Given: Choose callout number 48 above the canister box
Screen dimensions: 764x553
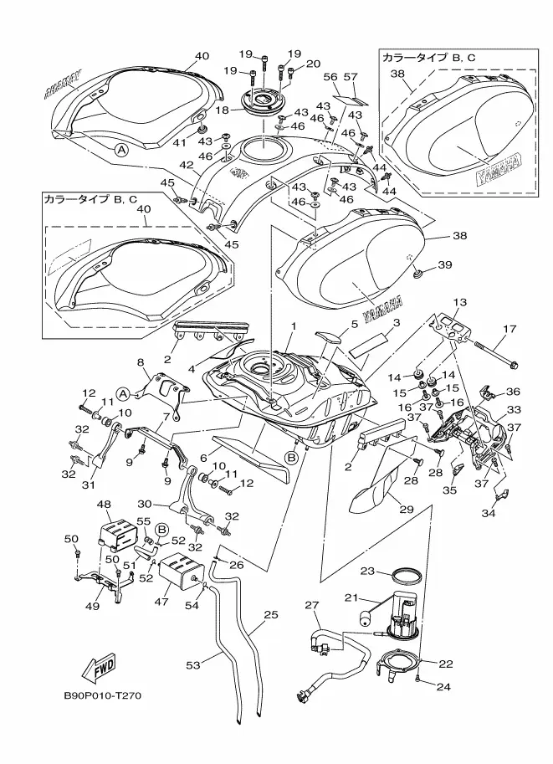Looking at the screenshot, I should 105,505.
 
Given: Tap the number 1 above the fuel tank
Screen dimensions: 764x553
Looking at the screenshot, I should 294,325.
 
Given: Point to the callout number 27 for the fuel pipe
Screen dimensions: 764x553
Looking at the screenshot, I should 312,604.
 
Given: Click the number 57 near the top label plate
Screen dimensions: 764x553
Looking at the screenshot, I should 352,77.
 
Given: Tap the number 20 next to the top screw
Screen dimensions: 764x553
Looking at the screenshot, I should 314,64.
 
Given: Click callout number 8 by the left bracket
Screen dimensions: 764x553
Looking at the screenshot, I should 141,361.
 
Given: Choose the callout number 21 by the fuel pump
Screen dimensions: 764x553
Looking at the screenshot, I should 352,597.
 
